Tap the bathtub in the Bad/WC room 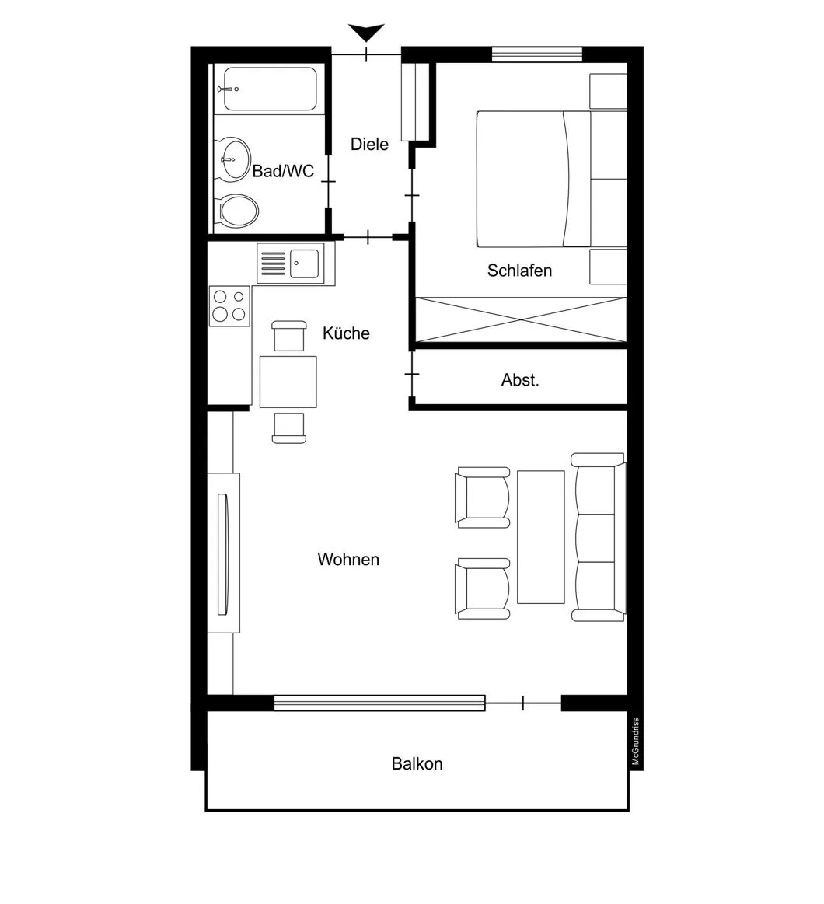coord(269,89)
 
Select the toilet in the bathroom coord(238,210)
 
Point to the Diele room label coord(369,144)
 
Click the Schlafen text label coord(519,271)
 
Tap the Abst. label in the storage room coord(520,380)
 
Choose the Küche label coord(346,333)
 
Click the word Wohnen coord(348,559)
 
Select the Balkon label coord(417,763)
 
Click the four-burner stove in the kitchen coord(229,305)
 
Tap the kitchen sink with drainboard coord(290,263)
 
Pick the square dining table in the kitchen coord(288,382)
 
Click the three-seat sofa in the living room coord(599,537)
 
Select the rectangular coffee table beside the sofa coord(541,536)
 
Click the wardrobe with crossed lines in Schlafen coord(521,319)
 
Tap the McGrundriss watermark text coord(635,742)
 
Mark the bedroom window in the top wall coord(536,54)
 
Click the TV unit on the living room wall coord(223,553)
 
